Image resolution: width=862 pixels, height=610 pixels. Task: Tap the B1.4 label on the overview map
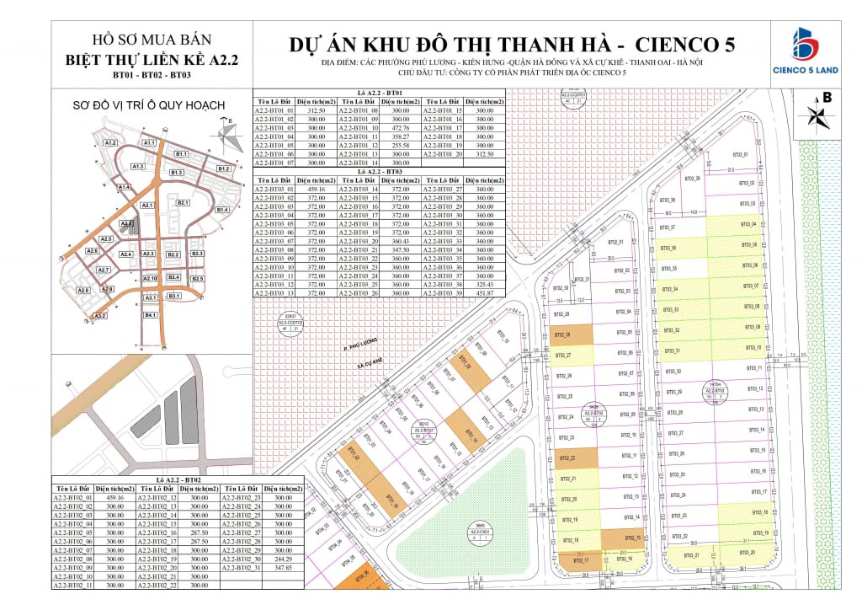pos(222,209)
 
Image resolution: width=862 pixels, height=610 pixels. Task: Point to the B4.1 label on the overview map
pos(152,314)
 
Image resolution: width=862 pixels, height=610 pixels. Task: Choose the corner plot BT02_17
pos(580,559)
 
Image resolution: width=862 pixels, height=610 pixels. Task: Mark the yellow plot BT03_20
pos(746,552)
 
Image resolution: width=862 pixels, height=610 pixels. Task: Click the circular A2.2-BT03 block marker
pos(715,392)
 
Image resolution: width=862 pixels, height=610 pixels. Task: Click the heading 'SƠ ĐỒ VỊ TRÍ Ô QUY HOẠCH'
pos(150,105)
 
